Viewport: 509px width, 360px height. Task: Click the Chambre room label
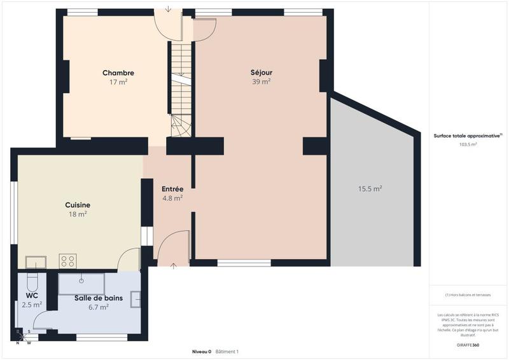pos(118,73)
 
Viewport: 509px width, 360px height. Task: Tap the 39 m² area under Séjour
pos(261,81)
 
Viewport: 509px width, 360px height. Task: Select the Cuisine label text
pos(78,205)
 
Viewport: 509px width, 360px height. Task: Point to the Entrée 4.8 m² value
pos(172,198)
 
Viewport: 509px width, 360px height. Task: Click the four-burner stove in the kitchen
pos(67,261)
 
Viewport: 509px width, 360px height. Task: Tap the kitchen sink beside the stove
pos(36,262)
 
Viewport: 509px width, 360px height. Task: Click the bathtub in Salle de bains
pos(81,284)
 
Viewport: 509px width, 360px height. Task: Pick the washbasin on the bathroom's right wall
pos(136,300)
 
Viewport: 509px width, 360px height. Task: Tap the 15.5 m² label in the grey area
pos(370,189)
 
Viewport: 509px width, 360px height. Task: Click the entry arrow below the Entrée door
pos(173,265)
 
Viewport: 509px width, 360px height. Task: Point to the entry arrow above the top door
pos(167,9)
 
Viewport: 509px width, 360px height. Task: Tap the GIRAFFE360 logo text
pos(468,345)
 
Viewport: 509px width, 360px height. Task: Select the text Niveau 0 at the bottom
pos(202,352)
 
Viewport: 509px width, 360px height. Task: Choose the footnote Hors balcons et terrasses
pos(468,295)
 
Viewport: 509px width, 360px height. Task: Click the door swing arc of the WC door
pos(41,321)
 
